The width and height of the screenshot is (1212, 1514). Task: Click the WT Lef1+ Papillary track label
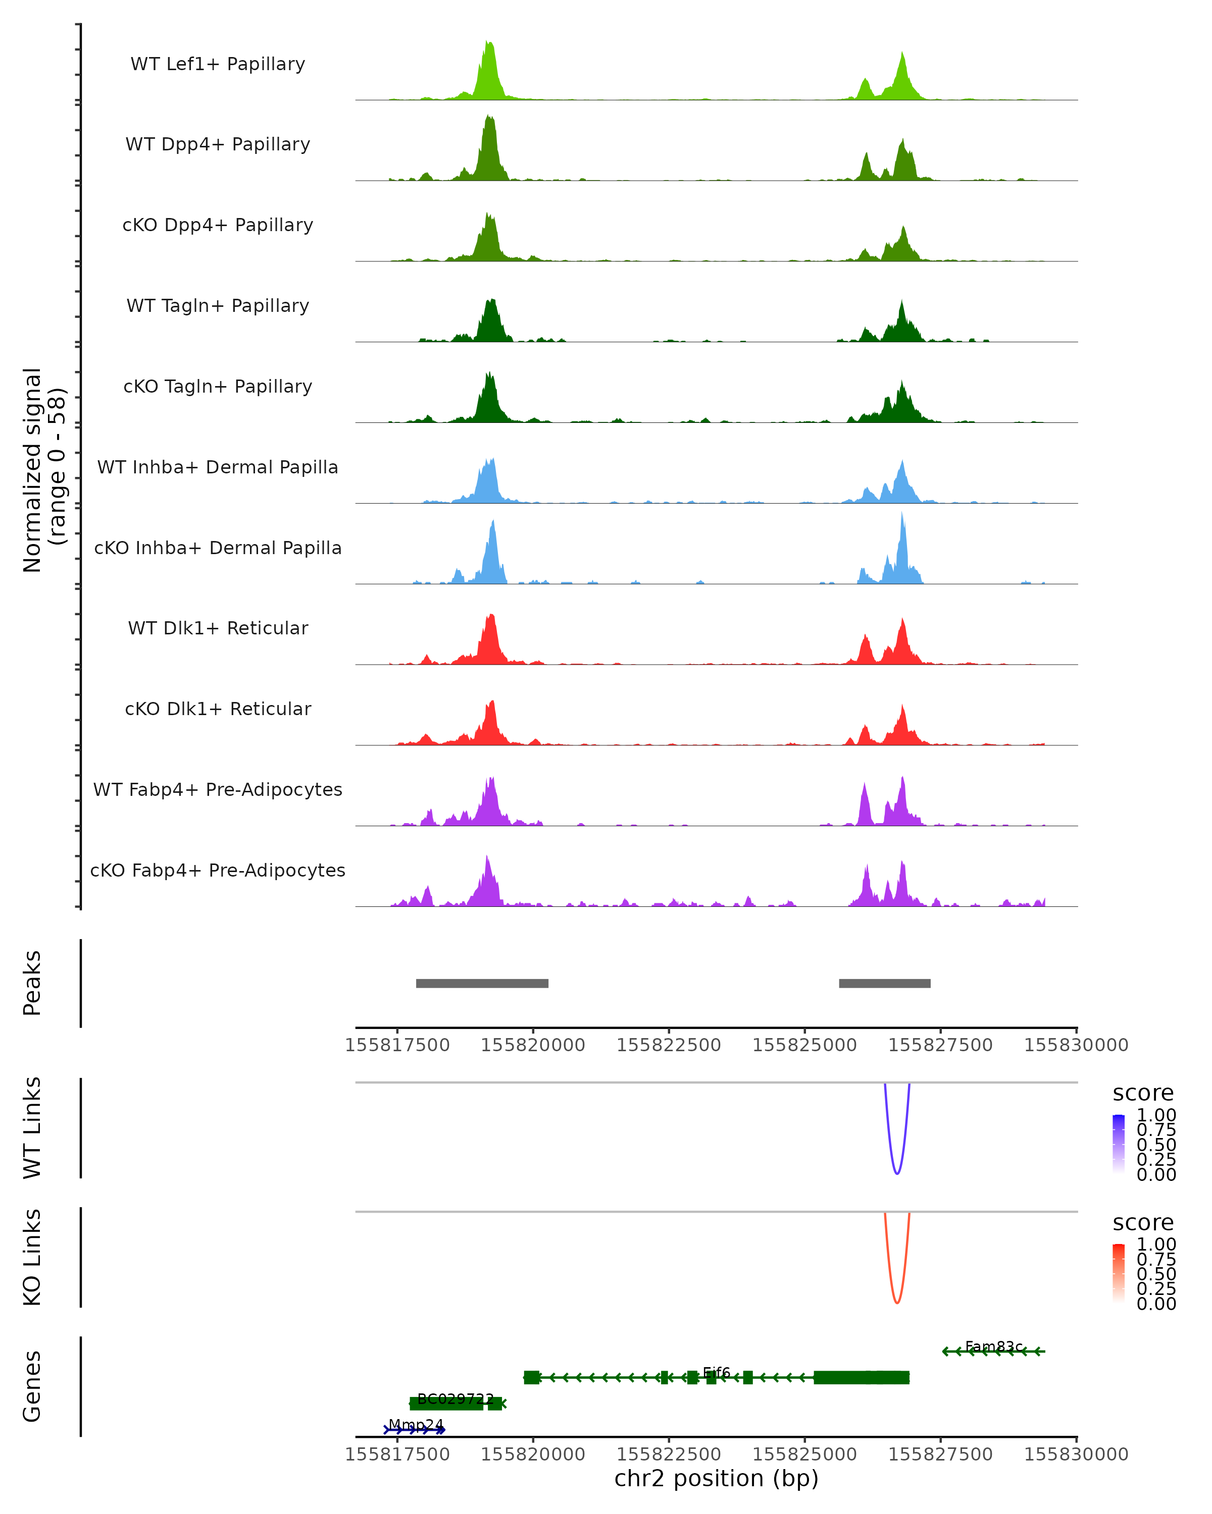[x=218, y=64]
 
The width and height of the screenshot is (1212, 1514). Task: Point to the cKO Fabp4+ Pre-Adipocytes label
[x=218, y=870]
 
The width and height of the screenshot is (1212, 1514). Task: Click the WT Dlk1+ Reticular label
[x=218, y=628]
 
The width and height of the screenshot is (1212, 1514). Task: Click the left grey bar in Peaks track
[x=482, y=983]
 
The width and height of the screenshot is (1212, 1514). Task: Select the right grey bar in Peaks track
[x=885, y=983]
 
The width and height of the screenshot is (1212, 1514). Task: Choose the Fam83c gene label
[x=993, y=1346]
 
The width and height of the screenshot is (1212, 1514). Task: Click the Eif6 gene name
[x=717, y=1372]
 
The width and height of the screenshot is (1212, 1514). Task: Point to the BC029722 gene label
[x=456, y=1399]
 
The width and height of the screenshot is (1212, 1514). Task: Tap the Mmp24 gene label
[x=416, y=1425]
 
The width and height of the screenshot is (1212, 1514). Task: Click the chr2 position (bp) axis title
[x=716, y=1478]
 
